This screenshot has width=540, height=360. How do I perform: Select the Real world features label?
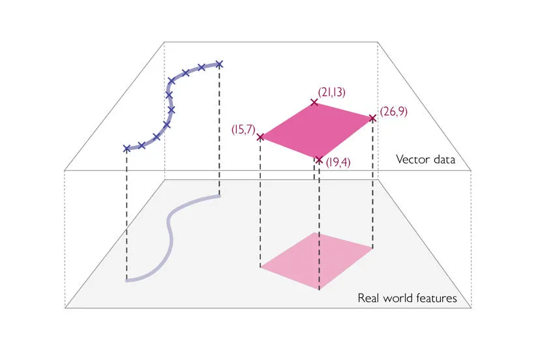tap(407, 299)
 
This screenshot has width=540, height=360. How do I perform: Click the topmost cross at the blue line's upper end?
tap(219, 64)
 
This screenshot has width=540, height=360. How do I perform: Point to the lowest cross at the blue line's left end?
tap(127, 149)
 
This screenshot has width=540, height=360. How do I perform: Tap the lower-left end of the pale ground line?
tap(128, 280)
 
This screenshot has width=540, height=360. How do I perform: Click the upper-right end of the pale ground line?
tap(218, 194)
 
